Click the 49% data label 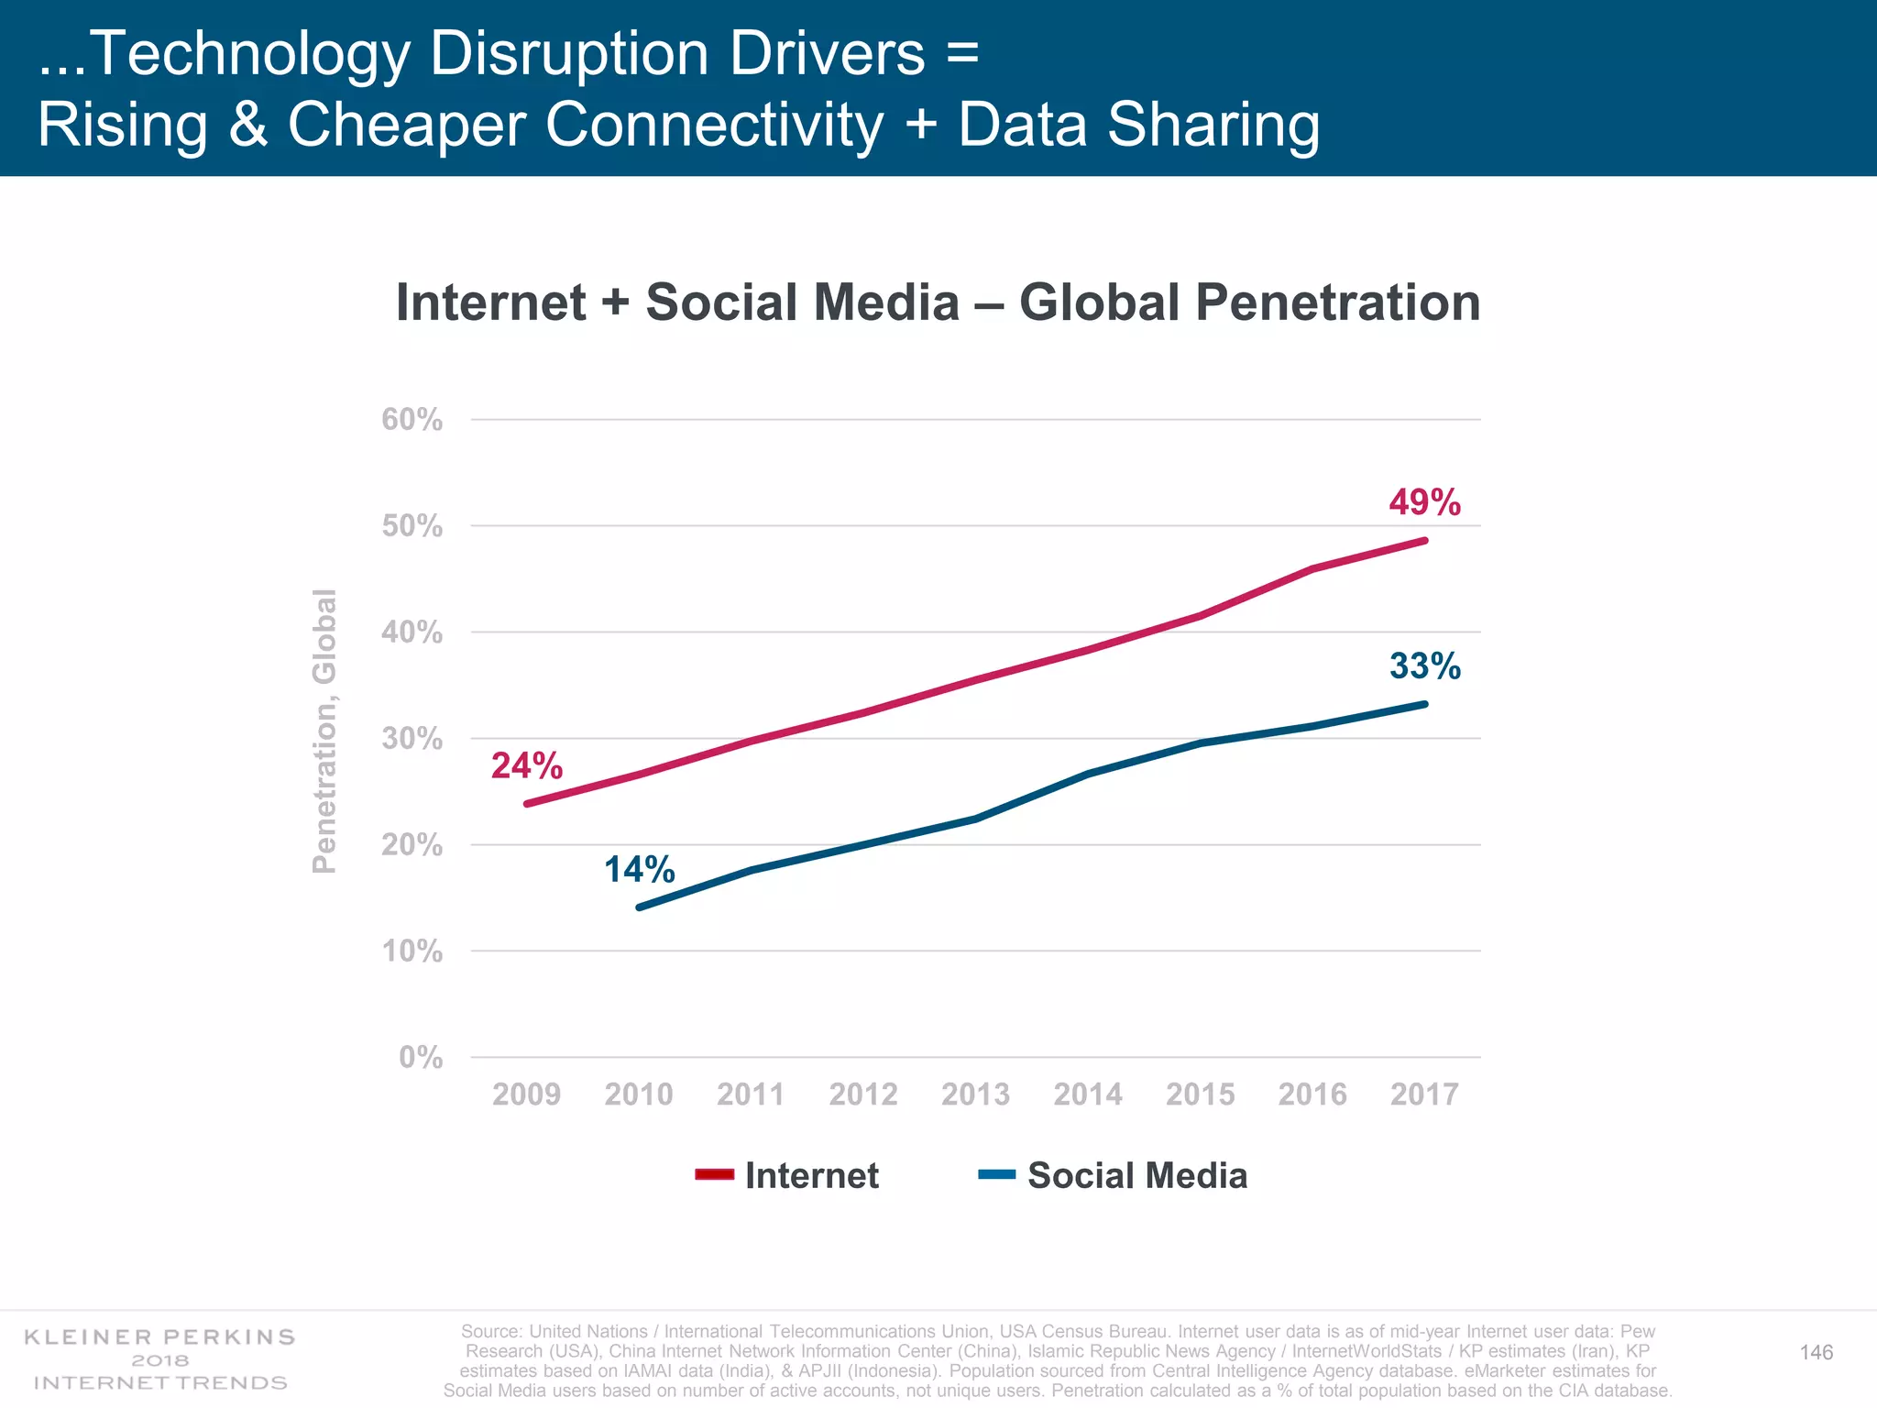tap(1424, 502)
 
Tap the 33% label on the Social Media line tap(1424, 666)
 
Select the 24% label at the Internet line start tap(526, 765)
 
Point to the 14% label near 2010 tap(639, 869)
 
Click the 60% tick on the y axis tap(412, 420)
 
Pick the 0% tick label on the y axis tap(421, 1058)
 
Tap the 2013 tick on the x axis tap(975, 1094)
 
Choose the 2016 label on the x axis tap(1312, 1094)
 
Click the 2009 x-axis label tap(526, 1094)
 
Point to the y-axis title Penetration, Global tap(324, 731)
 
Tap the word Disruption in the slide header tap(568, 53)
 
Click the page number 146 tap(1816, 1353)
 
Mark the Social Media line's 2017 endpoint tap(1425, 704)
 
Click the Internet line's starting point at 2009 tap(527, 804)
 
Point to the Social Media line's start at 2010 tap(639, 907)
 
